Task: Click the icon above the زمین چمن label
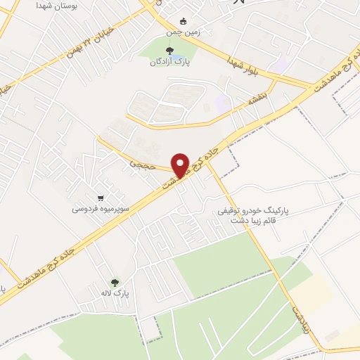point(184,20)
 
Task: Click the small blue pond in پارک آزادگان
point(180,53)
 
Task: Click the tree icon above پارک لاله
point(115,282)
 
